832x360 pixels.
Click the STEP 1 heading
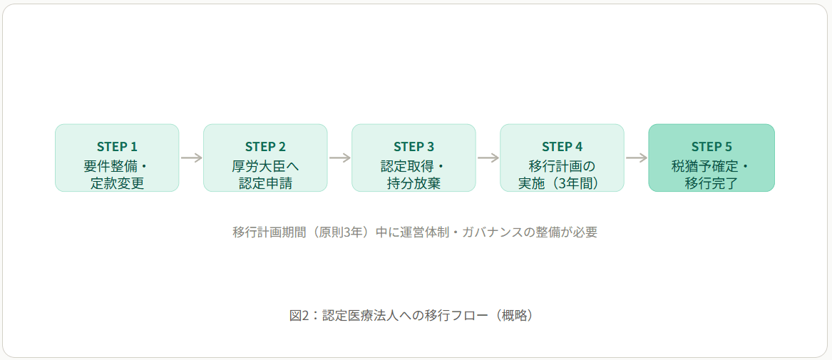tap(117, 146)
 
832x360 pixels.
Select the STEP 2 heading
tap(265, 146)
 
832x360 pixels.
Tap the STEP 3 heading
tap(414, 146)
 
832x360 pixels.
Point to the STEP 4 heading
tap(562, 146)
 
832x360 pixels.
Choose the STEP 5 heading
tap(712, 146)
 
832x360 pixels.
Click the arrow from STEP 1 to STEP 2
tap(191, 158)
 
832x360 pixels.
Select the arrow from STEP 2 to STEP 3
tap(339, 158)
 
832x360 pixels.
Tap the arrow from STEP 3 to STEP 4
tap(488, 158)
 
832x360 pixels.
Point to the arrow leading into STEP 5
tap(636, 158)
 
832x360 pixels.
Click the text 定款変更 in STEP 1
tap(117, 183)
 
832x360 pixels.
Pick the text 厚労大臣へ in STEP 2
tap(265, 166)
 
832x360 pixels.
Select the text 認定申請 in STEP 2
tap(265, 183)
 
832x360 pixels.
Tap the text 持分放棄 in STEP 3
tap(414, 183)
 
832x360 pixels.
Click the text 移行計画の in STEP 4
tap(562, 166)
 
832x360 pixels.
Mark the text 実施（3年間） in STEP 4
tap(562, 183)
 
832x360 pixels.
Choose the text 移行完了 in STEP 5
tap(712, 183)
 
